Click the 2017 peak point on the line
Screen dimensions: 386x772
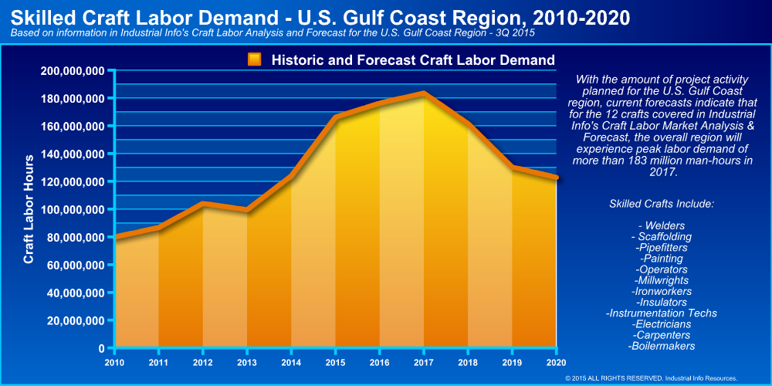[423, 93]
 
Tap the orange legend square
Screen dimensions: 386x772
[255, 59]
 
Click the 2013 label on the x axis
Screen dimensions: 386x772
[246, 361]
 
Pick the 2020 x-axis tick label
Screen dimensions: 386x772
[556, 361]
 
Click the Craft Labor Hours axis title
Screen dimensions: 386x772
[29, 209]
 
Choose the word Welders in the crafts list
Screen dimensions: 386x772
[662, 225]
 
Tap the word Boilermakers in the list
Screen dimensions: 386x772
[662, 346]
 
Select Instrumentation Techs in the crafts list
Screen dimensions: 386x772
[662, 313]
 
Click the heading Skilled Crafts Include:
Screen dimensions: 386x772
[662, 204]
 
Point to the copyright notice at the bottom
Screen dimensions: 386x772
[652, 378]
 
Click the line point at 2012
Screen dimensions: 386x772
[202, 204]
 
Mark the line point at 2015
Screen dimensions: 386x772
[335, 117]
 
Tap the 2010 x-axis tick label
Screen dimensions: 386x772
[114, 361]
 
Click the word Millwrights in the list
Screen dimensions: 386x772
[662, 280]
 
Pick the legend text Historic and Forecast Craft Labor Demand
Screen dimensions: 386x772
[413, 59]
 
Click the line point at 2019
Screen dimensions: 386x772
[512, 167]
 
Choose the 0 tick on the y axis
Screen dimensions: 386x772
[100, 348]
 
